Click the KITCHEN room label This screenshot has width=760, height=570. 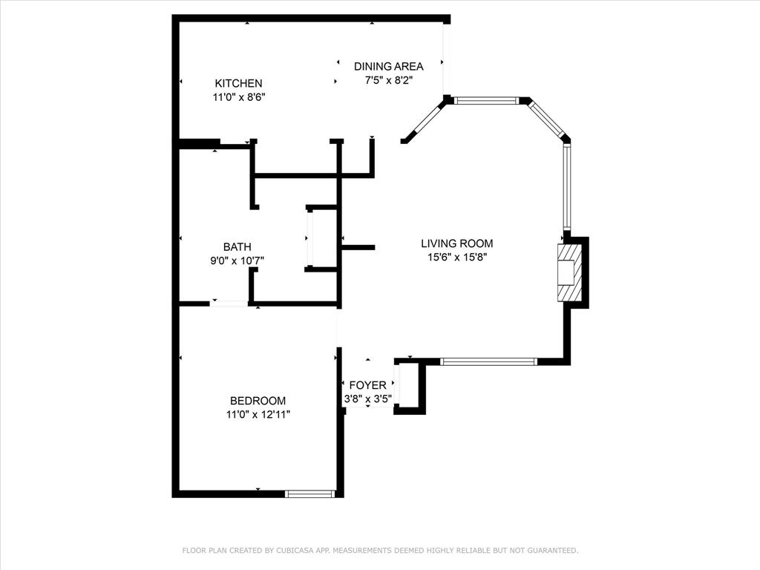pyautogui.click(x=238, y=83)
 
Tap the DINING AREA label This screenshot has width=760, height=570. pyautogui.click(x=388, y=66)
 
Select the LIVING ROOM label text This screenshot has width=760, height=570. pyautogui.click(x=456, y=243)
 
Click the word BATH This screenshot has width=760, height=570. pyautogui.click(x=237, y=247)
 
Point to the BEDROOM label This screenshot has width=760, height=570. pyautogui.click(x=258, y=401)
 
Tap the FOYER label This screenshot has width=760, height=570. pyautogui.click(x=367, y=385)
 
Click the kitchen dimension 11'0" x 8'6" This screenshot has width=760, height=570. pyautogui.click(x=238, y=96)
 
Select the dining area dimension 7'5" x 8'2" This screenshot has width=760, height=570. pyautogui.click(x=388, y=80)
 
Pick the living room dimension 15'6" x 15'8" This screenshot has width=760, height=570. pyautogui.click(x=456, y=257)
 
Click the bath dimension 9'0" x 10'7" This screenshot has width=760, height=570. pyautogui.click(x=237, y=261)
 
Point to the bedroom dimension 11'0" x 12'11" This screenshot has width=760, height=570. pyautogui.click(x=258, y=414)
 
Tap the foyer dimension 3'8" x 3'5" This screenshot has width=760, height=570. pyautogui.click(x=367, y=399)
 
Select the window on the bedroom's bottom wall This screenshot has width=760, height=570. pyautogui.click(x=310, y=493)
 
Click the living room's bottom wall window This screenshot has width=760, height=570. pyautogui.click(x=488, y=361)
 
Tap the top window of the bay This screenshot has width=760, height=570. pyautogui.click(x=485, y=100)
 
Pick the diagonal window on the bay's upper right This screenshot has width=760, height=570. pyautogui.click(x=546, y=119)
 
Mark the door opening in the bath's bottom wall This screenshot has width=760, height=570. pyautogui.click(x=229, y=303)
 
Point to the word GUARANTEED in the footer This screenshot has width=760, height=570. pyautogui.click(x=551, y=551)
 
